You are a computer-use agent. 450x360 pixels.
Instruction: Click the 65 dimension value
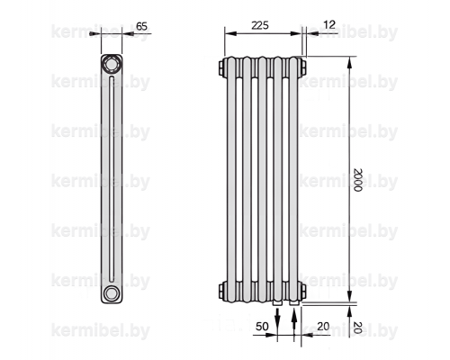click(141, 26)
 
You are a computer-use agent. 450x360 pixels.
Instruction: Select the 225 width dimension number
click(260, 25)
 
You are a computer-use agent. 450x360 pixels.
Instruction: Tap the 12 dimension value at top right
click(329, 24)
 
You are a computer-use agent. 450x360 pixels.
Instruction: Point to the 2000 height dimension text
click(358, 180)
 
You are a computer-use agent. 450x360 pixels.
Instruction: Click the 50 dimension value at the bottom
click(262, 327)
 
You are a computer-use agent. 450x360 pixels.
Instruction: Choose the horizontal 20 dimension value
click(323, 327)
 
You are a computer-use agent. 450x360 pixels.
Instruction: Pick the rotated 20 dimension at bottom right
click(358, 328)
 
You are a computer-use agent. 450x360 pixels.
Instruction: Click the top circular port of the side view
click(112, 64)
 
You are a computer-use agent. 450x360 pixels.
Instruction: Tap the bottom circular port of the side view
click(112, 292)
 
